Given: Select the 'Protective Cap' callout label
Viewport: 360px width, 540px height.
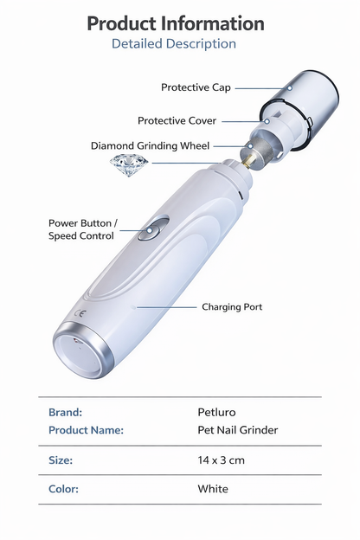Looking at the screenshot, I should coord(196,87).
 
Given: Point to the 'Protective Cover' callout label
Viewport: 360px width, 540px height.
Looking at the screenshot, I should coord(177,121).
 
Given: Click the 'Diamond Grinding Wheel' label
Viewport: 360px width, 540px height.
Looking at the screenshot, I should coord(150,146).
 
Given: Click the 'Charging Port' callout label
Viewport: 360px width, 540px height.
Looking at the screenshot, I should coord(232,306).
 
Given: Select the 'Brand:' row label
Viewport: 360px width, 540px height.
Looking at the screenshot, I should coord(65,413).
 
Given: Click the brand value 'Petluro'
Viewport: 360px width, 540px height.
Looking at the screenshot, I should coord(216,413).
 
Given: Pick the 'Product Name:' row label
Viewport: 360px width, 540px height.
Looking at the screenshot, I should coord(86,430).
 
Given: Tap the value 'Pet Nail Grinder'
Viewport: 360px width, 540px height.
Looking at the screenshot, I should coord(238,430).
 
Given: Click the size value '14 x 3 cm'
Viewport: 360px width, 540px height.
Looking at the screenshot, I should coord(222,460).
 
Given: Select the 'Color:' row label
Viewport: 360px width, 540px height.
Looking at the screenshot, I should coord(63,489).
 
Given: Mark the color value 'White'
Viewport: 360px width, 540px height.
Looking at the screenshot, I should coord(213,489).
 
